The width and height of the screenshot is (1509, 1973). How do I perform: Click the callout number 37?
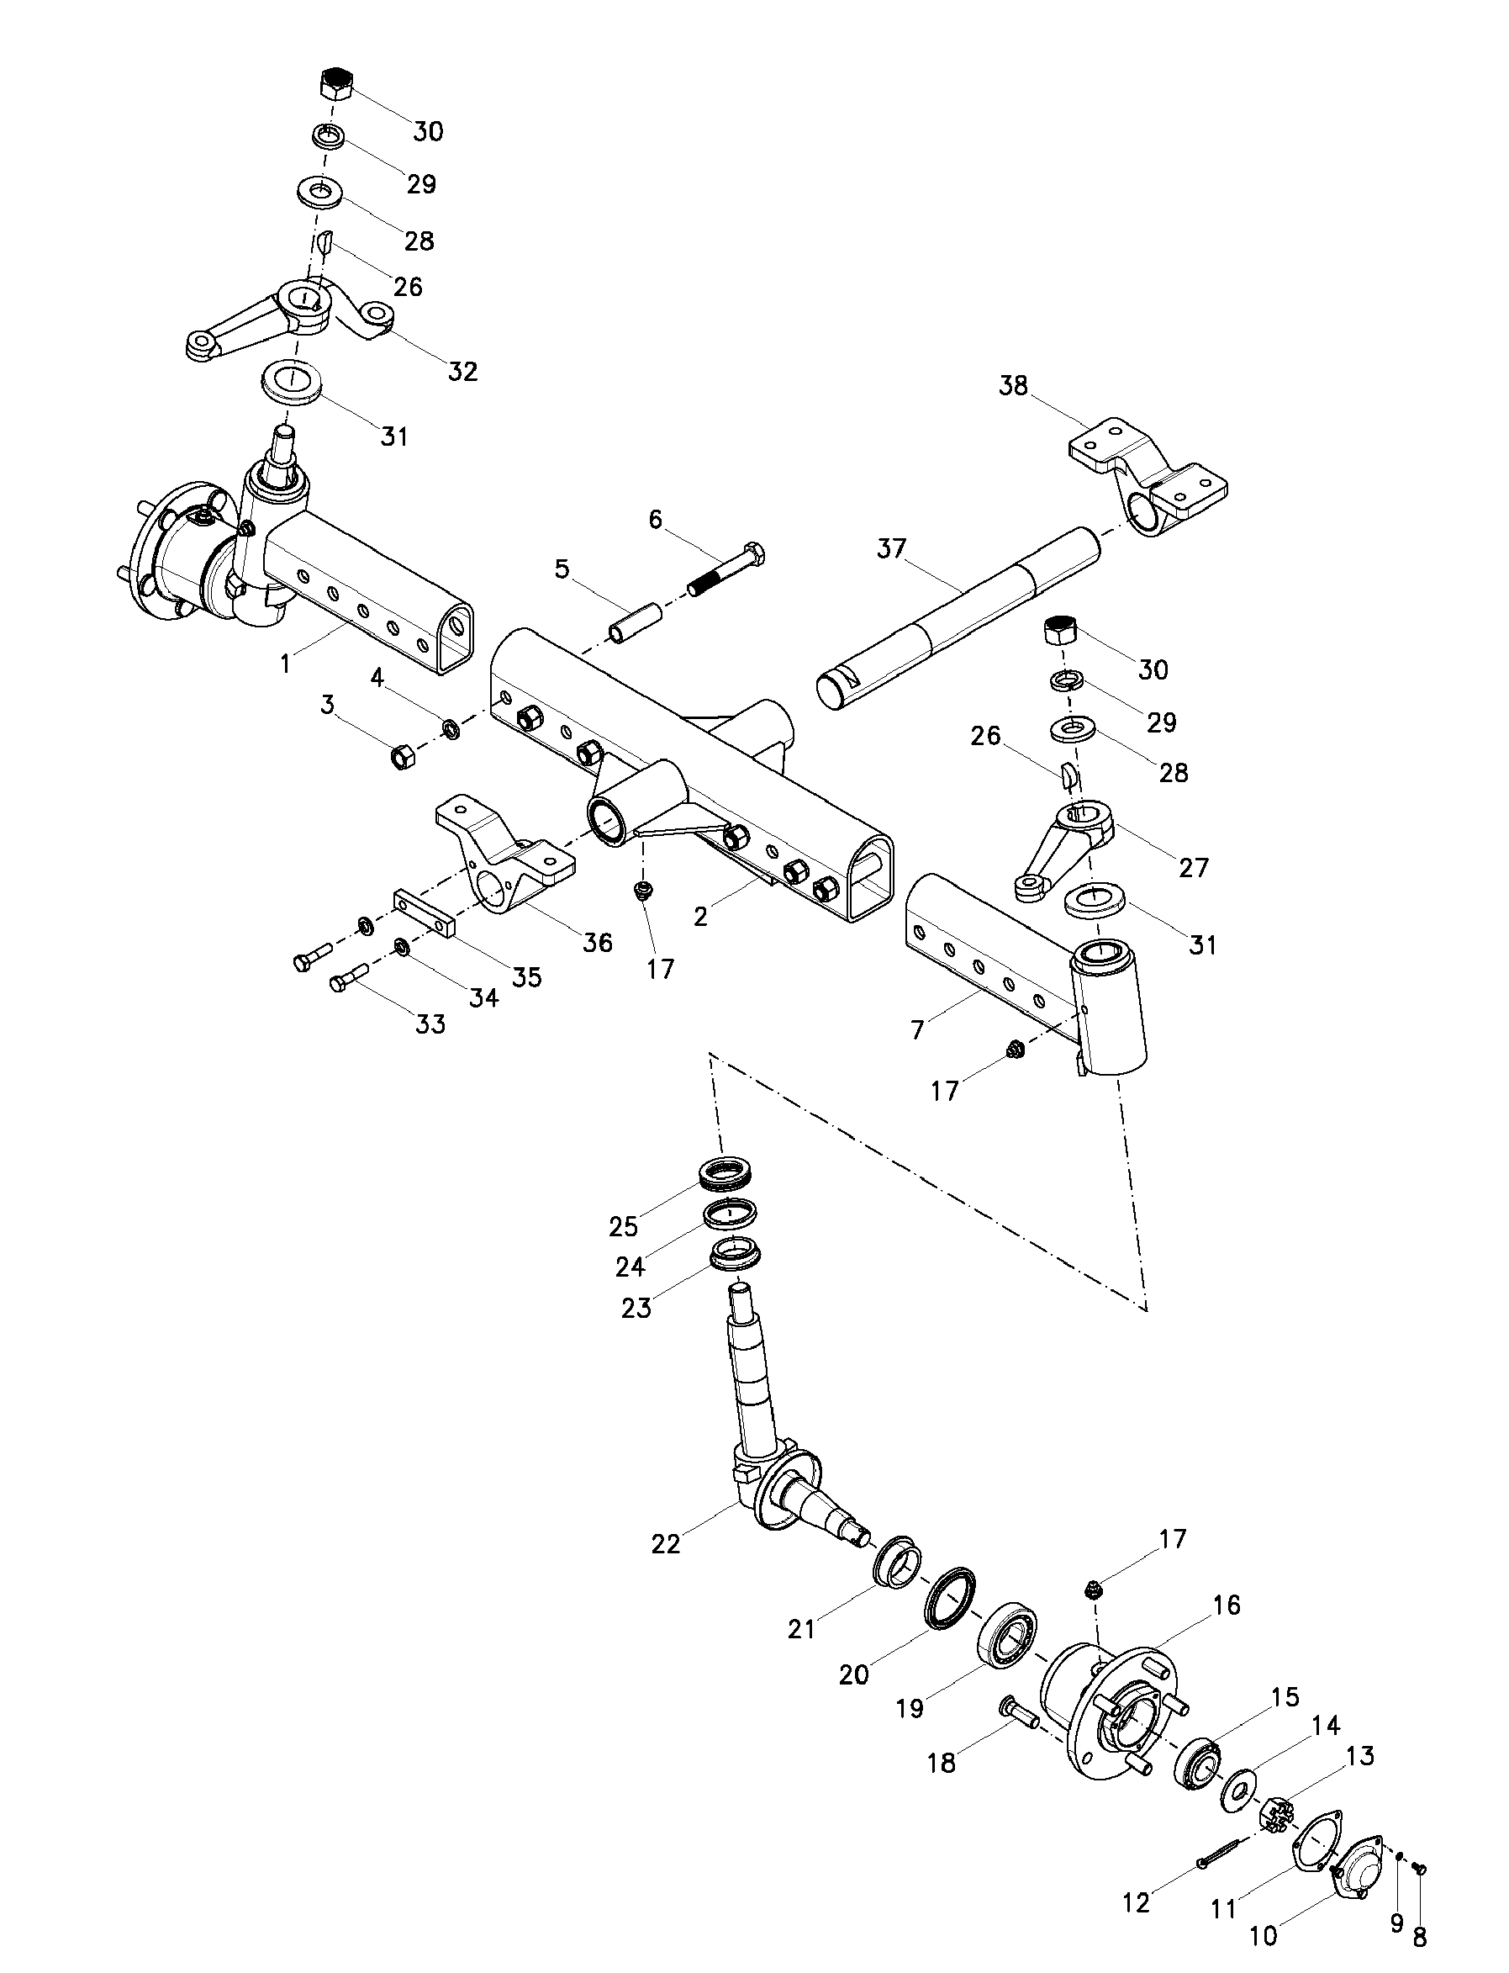892,548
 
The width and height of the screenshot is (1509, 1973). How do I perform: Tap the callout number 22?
666,1542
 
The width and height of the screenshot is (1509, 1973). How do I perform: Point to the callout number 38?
1014,386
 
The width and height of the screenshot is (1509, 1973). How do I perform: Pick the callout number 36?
598,942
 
